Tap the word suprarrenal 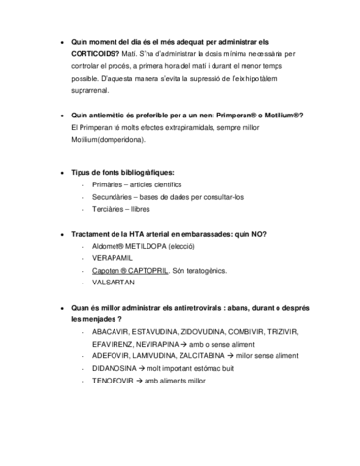(95, 88)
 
